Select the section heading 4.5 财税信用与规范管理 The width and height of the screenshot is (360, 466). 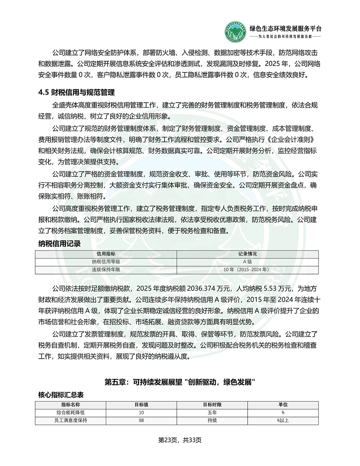click(76, 93)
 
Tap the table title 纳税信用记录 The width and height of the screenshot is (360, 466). click(59, 244)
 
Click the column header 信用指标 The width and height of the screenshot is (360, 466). click(106, 254)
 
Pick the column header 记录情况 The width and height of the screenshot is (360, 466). click(247, 254)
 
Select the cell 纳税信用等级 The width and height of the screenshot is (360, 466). click(106, 262)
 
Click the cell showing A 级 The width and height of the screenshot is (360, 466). click(247, 262)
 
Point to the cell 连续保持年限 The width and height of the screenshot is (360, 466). click(106, 269)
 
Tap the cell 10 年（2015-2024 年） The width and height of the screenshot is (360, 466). click(247, 269)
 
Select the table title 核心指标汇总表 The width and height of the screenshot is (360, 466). click(61, 395)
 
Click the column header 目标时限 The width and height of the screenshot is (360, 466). click(212, 405)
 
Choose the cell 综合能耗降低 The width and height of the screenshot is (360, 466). click(71, 413)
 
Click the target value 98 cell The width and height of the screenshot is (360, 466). click(141, 420)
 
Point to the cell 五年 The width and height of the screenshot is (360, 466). click(212, 413)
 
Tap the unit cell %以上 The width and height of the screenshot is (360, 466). click(283, 420)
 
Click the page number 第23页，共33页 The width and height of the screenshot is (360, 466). click(180, 440)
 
